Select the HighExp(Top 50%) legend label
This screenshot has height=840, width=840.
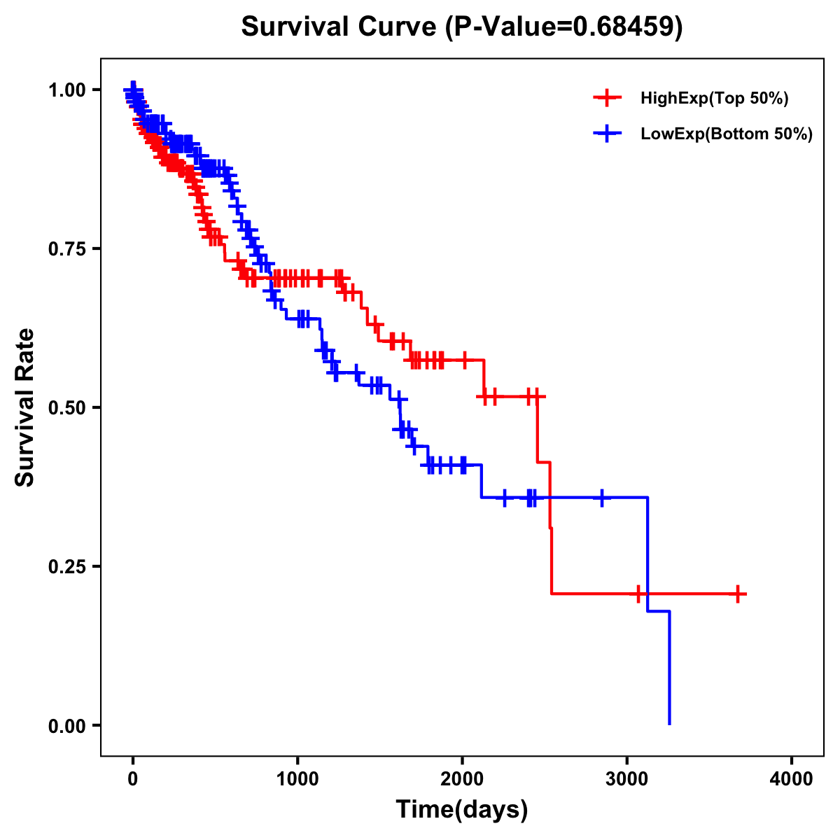(715, 99)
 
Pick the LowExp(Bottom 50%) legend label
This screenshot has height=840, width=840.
(727, 134)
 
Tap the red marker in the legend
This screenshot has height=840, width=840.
(607, 98)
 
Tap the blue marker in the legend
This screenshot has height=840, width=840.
(607, 134)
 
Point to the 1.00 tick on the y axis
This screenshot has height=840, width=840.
(67, 90)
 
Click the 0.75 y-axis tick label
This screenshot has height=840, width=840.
(67, 248)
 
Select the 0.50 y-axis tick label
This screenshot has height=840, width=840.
(67, 407)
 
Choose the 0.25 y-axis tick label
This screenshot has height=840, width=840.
(67, 566)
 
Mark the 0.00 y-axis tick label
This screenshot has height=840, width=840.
(67, 725)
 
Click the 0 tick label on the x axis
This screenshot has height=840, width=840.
(133, 780)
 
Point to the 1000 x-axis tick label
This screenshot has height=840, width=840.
(297, 780)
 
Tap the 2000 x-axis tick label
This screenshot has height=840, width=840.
(462, 780)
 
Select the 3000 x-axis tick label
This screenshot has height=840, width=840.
(627, 780)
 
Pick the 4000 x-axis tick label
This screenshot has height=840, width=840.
(792, 780)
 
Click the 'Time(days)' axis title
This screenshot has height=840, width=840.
(462, 810)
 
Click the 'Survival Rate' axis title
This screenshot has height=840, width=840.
(25, 407)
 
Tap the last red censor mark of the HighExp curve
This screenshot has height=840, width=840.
(738, 594)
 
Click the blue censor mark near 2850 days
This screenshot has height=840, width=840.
(601, 497)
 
